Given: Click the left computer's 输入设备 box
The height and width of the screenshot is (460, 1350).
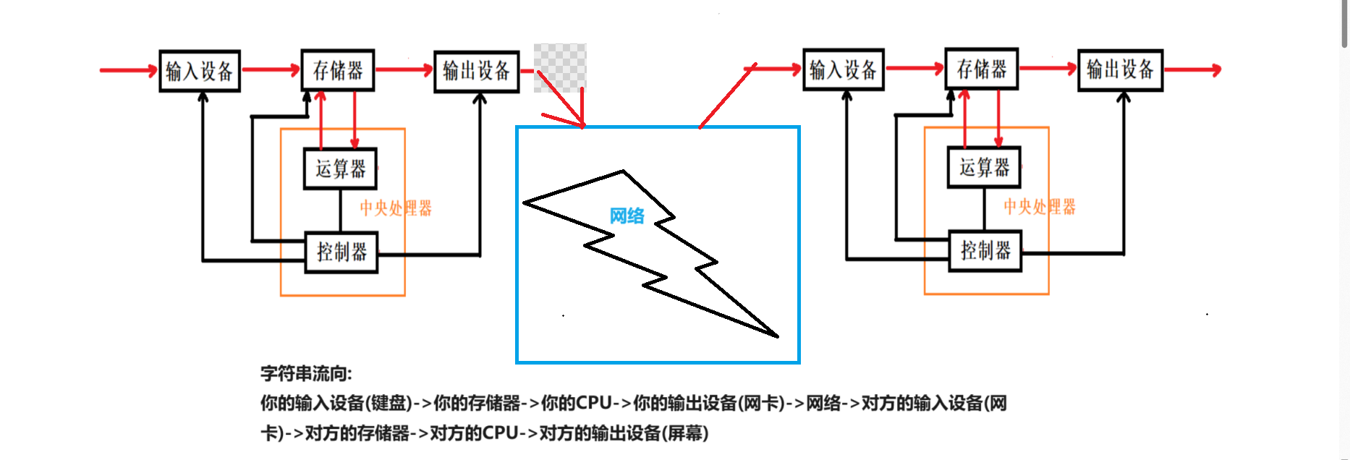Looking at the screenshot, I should (x=200, y=71).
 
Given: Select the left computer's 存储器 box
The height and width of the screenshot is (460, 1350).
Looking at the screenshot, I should (x=337, y=70).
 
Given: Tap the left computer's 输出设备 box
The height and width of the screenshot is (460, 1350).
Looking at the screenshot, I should (x=476, y=72).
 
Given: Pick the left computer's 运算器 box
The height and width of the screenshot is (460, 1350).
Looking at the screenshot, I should (x=340, y=169).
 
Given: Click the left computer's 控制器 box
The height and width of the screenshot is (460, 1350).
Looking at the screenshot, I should (x=341, y=252).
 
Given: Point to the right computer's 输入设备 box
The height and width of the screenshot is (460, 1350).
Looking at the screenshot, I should (x=844, y=69).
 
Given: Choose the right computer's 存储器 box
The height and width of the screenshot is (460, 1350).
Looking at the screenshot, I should (x=981, y=69).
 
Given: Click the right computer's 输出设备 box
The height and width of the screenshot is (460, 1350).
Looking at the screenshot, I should (x=1120, y=70).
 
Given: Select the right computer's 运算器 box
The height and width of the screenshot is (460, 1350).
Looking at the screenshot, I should (x=984, y=167).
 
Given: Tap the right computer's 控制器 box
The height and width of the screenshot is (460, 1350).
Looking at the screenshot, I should (x=985, y=250).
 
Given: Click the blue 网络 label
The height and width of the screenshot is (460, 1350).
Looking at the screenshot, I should (x=627, y=216).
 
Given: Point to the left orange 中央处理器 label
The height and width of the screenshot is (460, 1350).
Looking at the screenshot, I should (x=396, y=208).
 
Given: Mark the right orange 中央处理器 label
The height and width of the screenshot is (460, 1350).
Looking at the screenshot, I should (x=1040, y=207).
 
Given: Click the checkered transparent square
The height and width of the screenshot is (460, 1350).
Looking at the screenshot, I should (x=560, y=67).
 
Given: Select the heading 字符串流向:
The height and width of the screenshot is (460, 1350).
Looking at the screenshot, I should (x=306, y=374).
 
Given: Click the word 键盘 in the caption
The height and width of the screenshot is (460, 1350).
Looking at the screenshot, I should (x=389, y=403).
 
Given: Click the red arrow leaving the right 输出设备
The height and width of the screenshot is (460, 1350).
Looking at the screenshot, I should (x=1192, y=69).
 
